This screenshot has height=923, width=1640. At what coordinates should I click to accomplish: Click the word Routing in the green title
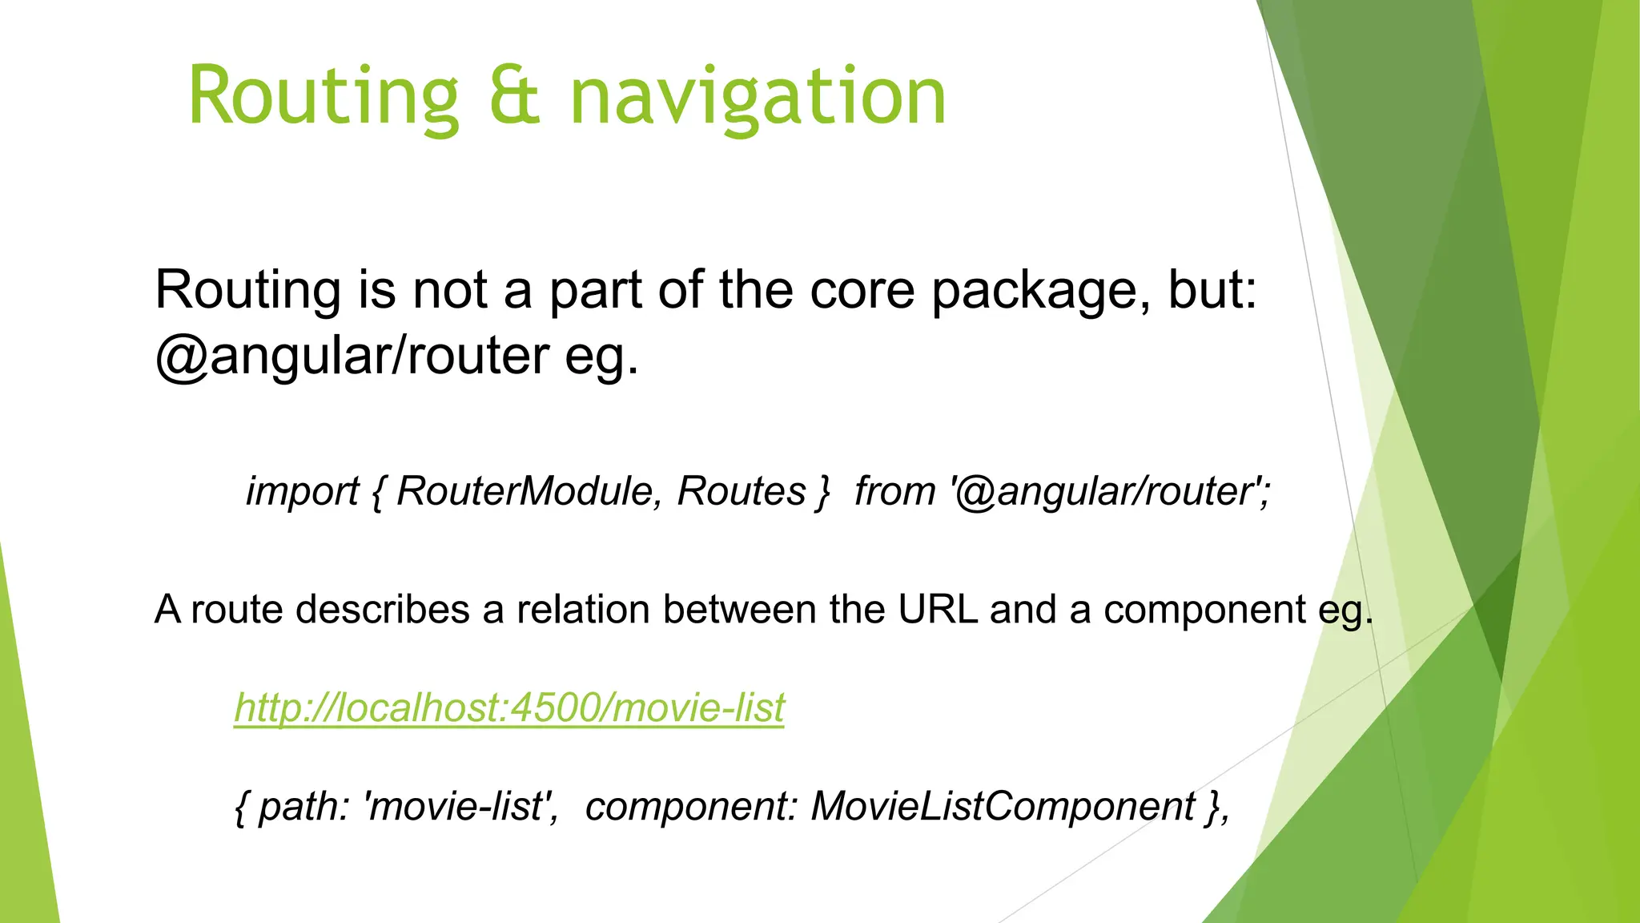(x=324, y=97)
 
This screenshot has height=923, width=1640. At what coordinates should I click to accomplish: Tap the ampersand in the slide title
(x=514, y=97)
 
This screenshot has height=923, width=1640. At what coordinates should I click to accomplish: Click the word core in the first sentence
(x=862, y=289)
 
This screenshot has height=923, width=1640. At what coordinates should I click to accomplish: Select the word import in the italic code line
(x=302, y=491)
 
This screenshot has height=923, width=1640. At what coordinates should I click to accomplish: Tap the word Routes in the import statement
(x=742, y=491)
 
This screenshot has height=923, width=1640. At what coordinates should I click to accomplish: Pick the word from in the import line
(x=894, y=491)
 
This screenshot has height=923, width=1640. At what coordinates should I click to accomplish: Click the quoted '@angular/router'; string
(x=1110, y=491)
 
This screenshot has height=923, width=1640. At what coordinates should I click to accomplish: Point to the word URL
(x=938, y=610)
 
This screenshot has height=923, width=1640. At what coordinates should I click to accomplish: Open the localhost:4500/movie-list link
(x=509, y=707)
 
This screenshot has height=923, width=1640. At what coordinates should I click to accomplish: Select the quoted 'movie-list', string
(x=461, y=807)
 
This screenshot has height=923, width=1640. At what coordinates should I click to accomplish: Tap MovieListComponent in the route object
(x=1003, y=807)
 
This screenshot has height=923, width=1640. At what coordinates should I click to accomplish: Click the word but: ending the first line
(x=1212, y=289)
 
